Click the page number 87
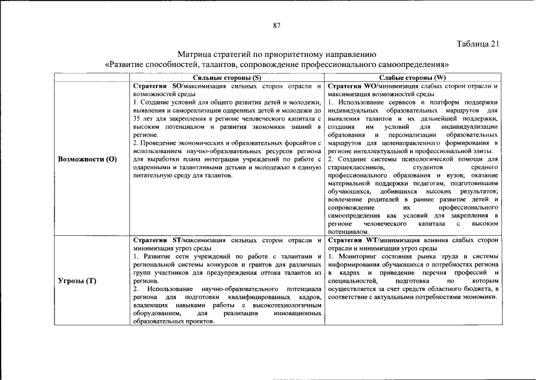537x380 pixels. (x=277, y=25)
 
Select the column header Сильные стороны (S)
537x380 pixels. (x=227, y=78)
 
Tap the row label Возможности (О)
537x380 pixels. (x=87, y=159)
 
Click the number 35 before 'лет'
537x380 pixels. (x=138, y=119)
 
